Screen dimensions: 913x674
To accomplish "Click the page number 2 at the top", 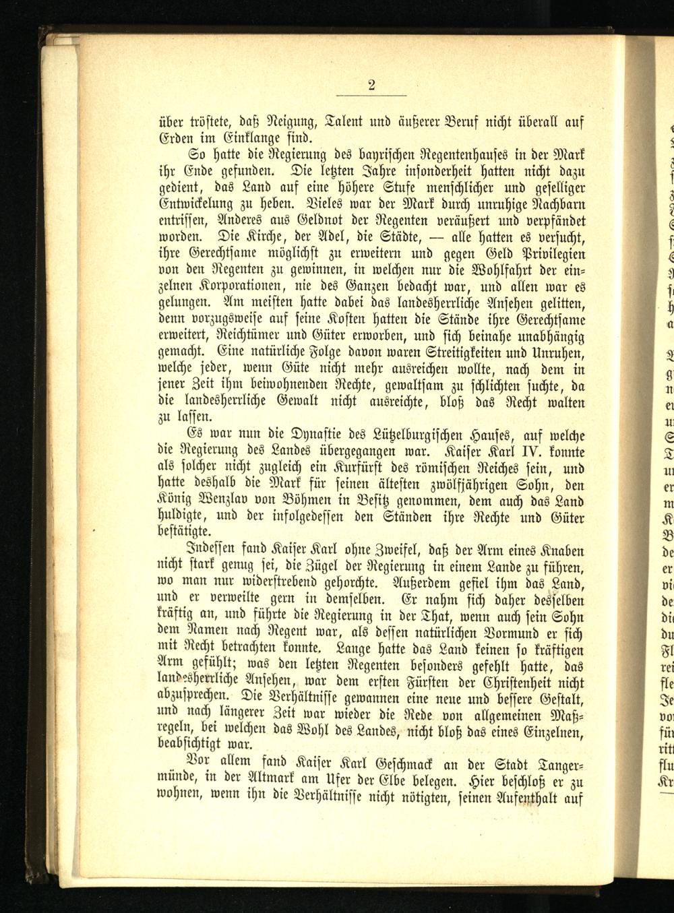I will point(371,85).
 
